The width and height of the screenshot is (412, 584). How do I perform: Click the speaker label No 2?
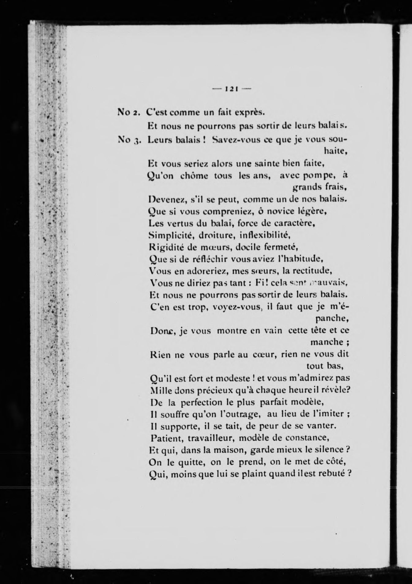click(129, 112)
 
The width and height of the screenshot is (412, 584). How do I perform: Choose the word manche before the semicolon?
click(327, 342)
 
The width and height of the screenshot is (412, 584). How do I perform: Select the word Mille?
click(160, 390)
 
